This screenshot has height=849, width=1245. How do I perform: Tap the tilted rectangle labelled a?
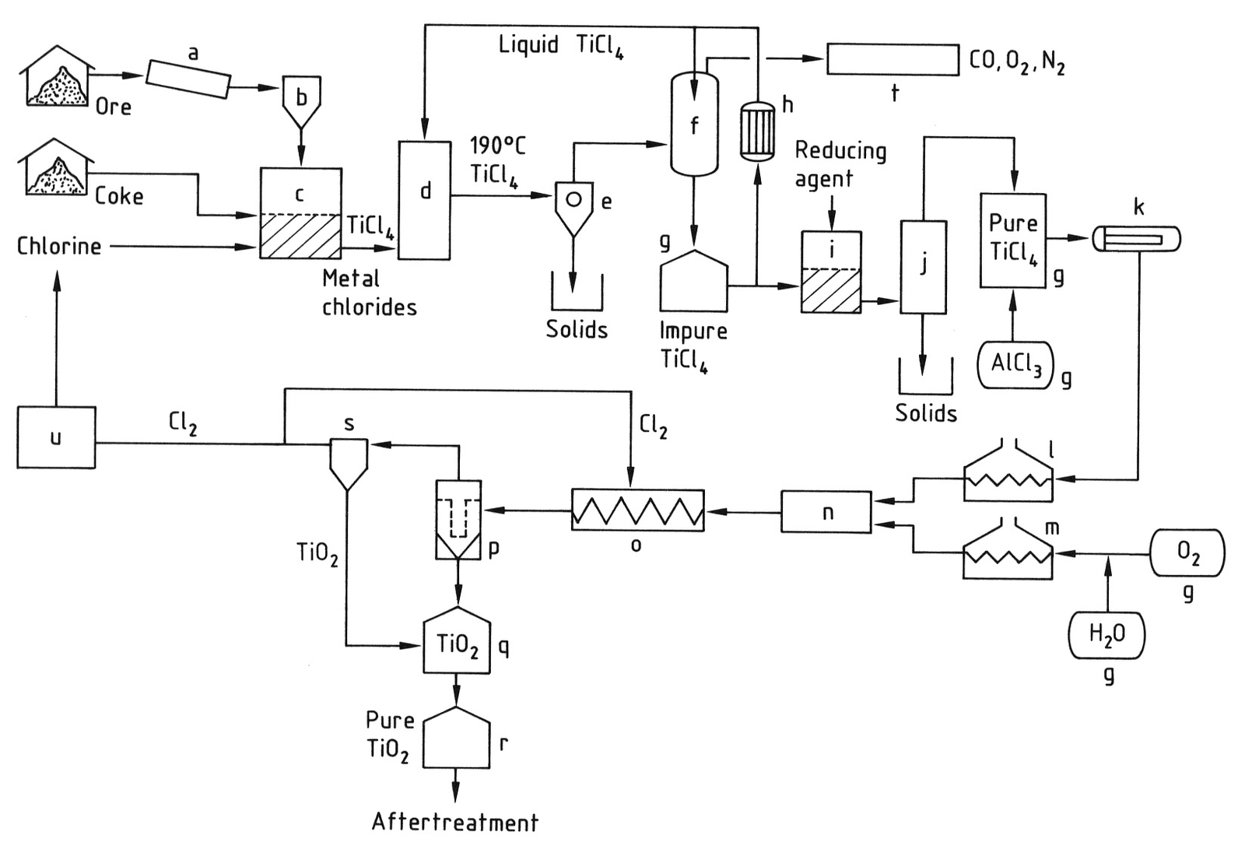[188, 79]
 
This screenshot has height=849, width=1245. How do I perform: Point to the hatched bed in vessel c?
[300, 237]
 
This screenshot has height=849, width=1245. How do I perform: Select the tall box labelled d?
[424, 200]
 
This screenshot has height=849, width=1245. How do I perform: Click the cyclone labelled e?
[573, 205]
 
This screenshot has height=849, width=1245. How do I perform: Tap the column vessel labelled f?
[694, 125]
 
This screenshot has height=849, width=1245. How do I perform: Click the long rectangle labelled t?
[893, 60]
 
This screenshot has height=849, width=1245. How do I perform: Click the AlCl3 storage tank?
[1015, 365]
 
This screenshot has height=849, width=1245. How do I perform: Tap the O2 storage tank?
[1187, 553]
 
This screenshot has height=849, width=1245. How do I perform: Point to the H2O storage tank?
[1106, 634]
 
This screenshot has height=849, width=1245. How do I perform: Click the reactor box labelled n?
[826, 512]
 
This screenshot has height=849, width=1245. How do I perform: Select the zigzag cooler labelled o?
[637, 510]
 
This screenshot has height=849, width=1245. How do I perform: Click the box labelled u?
[56, 437]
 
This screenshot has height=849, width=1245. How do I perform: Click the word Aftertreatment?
[454, 822]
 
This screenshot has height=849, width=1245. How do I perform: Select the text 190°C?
[497, 146]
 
